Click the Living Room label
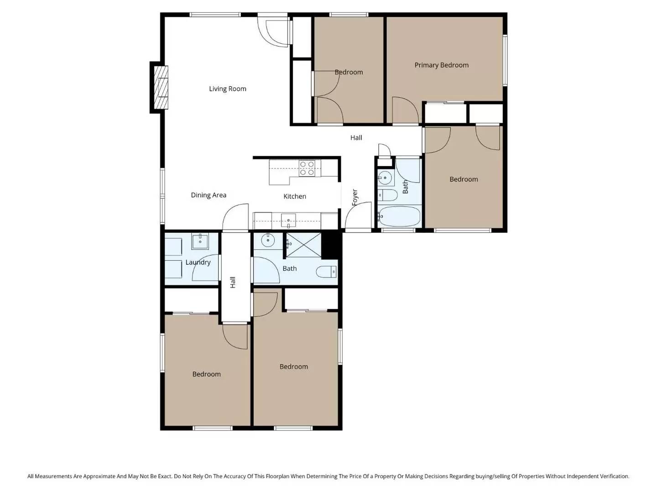[227, 89]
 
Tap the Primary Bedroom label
[441, 65]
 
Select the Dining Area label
[208, 195]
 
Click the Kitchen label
[295, 196]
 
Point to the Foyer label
[355, 197]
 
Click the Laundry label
[198, 262]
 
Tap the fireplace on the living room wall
[160, 87]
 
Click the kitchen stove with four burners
[307, 168]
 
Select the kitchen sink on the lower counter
[288, 221]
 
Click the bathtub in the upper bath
[399, 216]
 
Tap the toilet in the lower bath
[326, 272]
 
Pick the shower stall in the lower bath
[303, 245]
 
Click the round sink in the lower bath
[268, 240]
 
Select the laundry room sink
[200, 241]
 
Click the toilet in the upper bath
[387, 195]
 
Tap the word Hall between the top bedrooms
[356, 137]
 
